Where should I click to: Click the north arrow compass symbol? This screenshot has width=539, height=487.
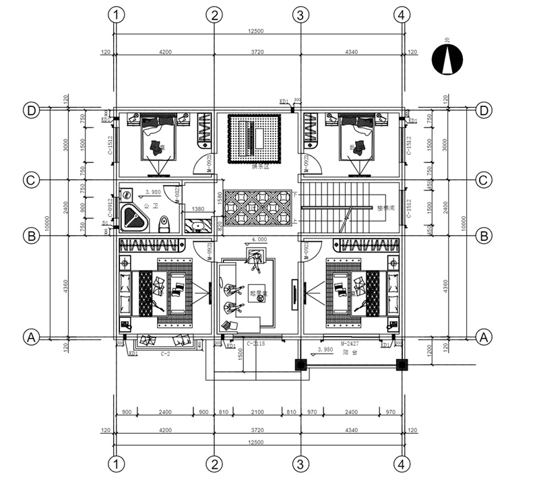[446, 59]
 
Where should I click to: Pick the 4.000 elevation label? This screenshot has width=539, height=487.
[260, 239]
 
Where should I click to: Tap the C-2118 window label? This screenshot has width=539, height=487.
[256, 345]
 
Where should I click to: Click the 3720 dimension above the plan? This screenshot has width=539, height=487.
[257, 52]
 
